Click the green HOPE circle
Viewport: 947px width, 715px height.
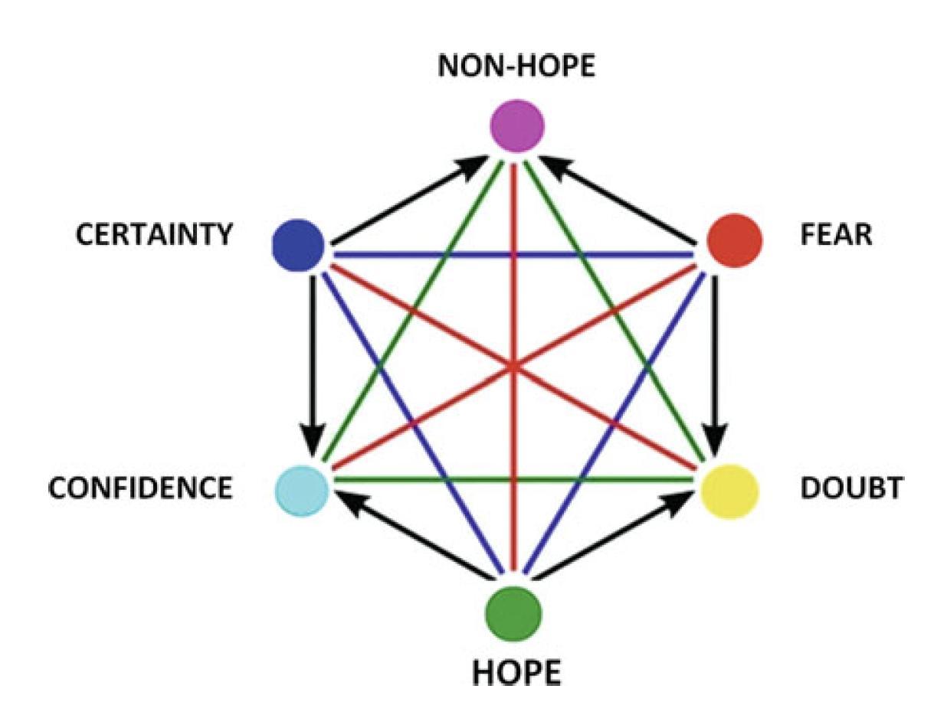click(514, 612)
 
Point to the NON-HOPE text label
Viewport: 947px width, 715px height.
click(516, 67)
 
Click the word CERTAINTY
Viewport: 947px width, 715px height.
click(153, 235)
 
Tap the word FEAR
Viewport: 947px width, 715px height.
click(836, 235)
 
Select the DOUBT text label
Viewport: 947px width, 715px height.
click(850, 488)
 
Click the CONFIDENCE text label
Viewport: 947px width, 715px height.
click(139, 488)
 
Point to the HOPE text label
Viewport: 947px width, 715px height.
click(516, 673)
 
